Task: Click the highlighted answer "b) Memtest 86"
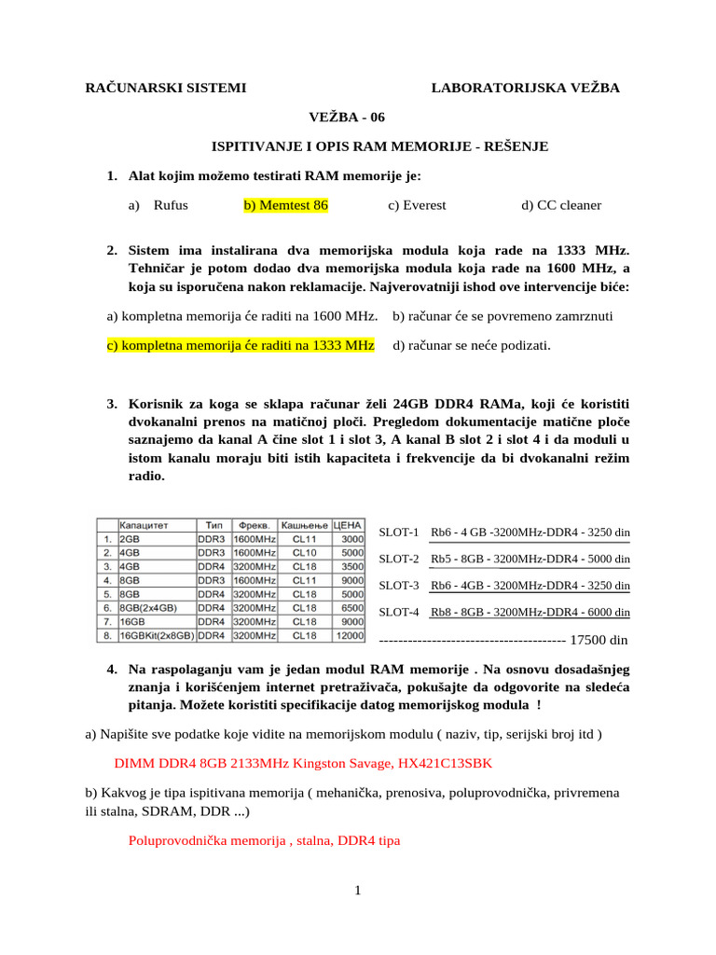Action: coord(285,205)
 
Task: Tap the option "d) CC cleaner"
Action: coord(561,205)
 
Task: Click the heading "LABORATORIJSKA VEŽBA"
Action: coord(525,88)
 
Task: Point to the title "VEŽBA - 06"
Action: coord(346,117)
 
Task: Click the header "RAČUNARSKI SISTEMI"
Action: coord(166,88)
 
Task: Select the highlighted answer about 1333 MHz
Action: coord(241,346)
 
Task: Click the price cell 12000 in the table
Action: coord(350,635)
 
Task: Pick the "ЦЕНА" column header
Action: coord(348,524)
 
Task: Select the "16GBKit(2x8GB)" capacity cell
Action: coord(156,635)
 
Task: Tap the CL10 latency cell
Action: coord(305,552)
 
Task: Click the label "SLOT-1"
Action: coord(399,533)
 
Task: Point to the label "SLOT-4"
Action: coord(399,613)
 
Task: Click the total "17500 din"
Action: coord(599,640)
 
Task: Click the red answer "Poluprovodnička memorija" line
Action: coord(264,840)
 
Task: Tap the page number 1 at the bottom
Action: coord(358,891)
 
